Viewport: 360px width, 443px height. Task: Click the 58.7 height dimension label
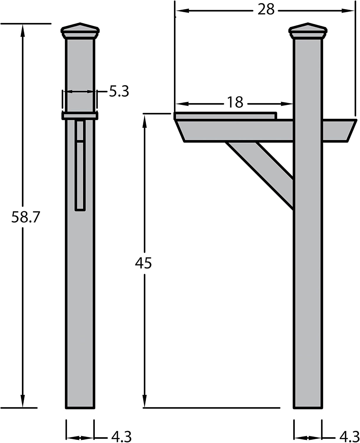pos(25,217)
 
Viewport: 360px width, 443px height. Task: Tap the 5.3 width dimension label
pos(119,91)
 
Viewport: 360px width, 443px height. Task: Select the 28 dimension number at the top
pos(266,9)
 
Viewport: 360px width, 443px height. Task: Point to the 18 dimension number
pos(235,102)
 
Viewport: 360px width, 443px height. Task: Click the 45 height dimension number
pos(143,263)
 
